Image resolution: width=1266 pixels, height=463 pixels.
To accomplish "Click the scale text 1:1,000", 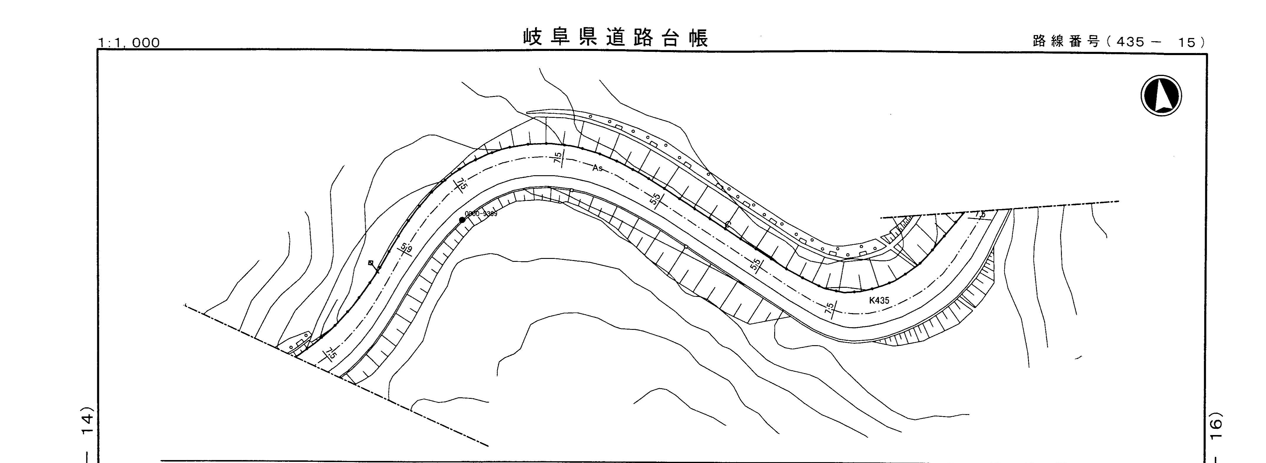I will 129,43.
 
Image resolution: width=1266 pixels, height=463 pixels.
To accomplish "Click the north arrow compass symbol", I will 1161,95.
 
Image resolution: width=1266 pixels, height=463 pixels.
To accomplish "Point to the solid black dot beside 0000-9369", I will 462,220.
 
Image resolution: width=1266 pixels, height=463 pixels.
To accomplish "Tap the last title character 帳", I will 698,38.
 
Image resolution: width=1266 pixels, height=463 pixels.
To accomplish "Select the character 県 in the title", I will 587,38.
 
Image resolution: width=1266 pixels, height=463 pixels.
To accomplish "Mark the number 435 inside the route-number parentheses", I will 1130,42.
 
